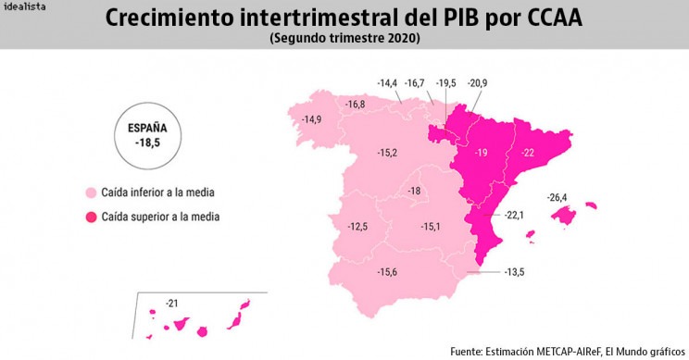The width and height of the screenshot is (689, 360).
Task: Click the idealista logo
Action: pos(24,6)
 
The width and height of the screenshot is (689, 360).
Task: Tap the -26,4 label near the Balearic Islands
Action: pos(557,197)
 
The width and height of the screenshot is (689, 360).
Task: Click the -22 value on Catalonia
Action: pos(527,153)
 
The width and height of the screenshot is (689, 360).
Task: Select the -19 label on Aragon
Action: pos(482,153)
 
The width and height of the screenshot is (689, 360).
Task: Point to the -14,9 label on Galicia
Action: pos(311,119)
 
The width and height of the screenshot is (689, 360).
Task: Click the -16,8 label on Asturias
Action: pos(355,105)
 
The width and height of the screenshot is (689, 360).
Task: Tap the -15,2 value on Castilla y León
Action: pos(387,153)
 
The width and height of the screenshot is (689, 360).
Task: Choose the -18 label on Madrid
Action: pos(414,191)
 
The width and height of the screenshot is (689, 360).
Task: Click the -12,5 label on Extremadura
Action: pos(357,227)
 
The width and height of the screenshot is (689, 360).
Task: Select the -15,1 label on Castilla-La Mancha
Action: pos(431,227)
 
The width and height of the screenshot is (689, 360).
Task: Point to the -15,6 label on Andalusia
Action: pos(387,272)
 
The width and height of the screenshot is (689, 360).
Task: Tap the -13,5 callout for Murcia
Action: pos(514,272)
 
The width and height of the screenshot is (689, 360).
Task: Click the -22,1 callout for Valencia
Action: pos(514,215)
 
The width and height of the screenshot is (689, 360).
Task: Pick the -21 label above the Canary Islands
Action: pos(172,304)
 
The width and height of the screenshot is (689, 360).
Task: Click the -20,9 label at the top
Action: pos(477,83)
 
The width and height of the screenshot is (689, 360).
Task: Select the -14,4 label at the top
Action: pos(387,83)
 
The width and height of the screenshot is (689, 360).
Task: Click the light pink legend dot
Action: pos(91,192)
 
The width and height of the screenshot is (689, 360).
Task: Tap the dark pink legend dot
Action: pos(91,217)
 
